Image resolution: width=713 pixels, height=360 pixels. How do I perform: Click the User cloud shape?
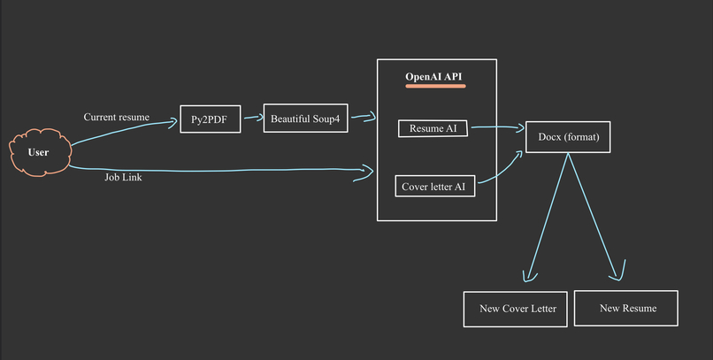38,152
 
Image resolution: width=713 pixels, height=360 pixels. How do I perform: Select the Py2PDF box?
210,119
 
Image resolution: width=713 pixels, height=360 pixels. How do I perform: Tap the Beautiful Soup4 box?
305,119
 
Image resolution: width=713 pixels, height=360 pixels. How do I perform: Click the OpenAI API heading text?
433,77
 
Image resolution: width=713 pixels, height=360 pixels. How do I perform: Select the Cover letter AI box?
433,187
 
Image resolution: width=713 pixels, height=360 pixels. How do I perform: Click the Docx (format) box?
568,137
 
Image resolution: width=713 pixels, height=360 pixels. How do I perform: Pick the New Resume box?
626,308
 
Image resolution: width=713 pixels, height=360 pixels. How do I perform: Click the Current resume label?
117,117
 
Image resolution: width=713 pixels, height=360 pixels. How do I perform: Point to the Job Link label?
123,178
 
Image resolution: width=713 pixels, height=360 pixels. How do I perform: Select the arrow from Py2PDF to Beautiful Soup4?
251,116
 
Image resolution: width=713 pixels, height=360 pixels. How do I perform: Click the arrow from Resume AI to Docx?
497,128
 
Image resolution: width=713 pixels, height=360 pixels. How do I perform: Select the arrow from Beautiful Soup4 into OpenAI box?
364,116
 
